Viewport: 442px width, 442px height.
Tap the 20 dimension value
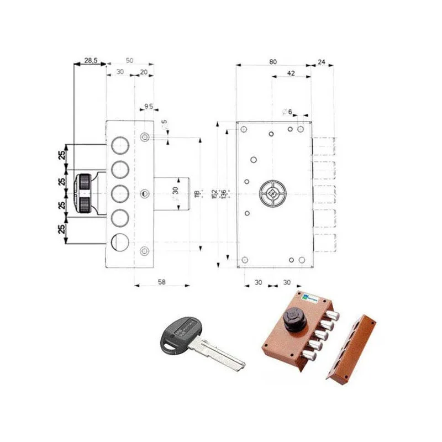(144, 72)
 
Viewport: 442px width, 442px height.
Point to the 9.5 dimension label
(148, 105)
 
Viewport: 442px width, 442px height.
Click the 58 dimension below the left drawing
(161, 282)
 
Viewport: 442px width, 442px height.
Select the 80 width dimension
(273, 61)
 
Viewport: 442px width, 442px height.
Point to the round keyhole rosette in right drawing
(272, 193)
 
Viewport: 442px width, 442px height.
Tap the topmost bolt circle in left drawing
(120, 145)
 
